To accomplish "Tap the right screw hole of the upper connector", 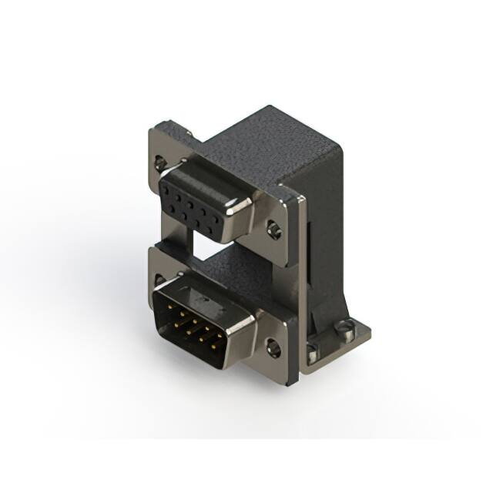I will pyautogui.click(x=273, y=229).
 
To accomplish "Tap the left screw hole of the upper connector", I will pyautogui.click(x=159, y=163).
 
